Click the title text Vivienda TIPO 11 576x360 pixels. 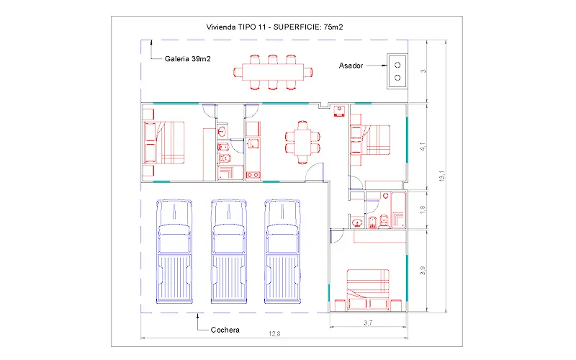pyautogui.click(x=235, y=27)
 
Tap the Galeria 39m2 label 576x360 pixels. pyautogui.click(x=188, y=59)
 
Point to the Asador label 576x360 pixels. pyautogui.click(x=351, y=66)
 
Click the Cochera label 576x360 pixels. pyautogui.click(x=225, y=330)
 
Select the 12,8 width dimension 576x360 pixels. pyautogui.click(x=274, y=334)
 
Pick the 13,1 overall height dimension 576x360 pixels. pyautogui.click(x=442, y=176)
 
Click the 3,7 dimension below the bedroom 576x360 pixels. pyautogui.click(x=368, y=323)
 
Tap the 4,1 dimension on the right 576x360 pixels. pyautogui.click(x=423, y=147)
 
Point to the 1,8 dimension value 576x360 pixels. pyautogui.click(x=423, y=210)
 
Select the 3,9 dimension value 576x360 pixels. pyautogui.click(x=423, y=271)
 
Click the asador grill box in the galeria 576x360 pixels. pyautogui.click(x=397, y=71)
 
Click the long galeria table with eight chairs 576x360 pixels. pyautogui.click(x=273, y=73)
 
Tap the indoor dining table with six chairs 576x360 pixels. pyautogui.click(x=302, y=143)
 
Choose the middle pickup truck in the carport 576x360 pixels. pyautogui.click(x=228, y=251)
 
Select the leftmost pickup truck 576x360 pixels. pyautogui.click(x=174, y=251)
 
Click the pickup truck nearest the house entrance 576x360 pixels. pyautogui.click(x=282, y=251)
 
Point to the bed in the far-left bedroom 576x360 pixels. pyautogui.click(x=164, y=143)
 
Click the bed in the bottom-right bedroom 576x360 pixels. pyautogui.click(x=368, y=290)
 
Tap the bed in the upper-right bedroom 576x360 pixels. pyautogui.click(x=370, y=140)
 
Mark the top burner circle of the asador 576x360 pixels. pyautogui.click(x=397, y=65)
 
